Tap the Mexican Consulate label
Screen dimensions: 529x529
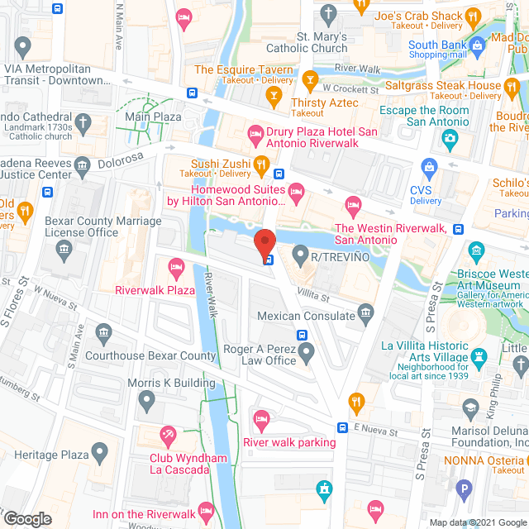(x=307, y=316)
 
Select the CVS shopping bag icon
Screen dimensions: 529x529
(x=429, y=168)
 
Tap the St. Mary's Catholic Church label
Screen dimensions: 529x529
(x=328, y=42)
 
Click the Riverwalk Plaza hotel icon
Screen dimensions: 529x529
(x=175, y=267)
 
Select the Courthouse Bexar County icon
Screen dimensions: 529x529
(x=104, y=334)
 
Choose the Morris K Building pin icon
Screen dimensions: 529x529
(x=147, y=403)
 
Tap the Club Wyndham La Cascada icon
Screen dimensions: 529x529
(x=169, y=435)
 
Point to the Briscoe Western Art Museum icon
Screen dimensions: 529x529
(x=476, y=250)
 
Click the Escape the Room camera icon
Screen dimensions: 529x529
(x=450, y=136)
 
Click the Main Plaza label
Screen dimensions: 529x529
(x=153, y=117)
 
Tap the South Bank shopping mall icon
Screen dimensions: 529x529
(x=477, y=45)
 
